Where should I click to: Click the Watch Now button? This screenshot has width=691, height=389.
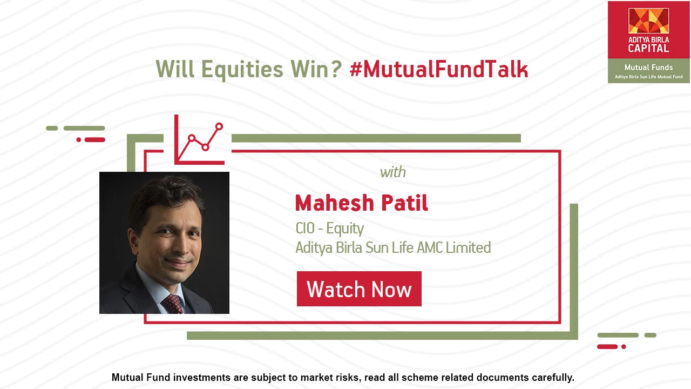(359, 289)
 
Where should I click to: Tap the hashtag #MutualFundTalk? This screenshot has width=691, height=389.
(439, 69)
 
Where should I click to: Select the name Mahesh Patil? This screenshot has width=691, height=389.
(362, 203)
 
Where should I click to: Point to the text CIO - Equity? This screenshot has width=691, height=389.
(329, 229)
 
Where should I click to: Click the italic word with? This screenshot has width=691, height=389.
(392, 172)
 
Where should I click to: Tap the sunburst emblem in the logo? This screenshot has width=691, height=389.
(649, 21)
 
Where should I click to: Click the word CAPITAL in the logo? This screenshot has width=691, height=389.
(648, 48)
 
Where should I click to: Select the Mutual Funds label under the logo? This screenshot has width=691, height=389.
(649, 68)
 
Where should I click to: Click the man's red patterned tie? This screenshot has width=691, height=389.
(172, 304)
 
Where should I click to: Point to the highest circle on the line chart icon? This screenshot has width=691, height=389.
(219, 126)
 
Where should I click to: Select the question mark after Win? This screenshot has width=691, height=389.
(337, 69)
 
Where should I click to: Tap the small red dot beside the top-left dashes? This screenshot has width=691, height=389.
(79, 140)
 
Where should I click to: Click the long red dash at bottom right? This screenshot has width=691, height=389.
(607, 347)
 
